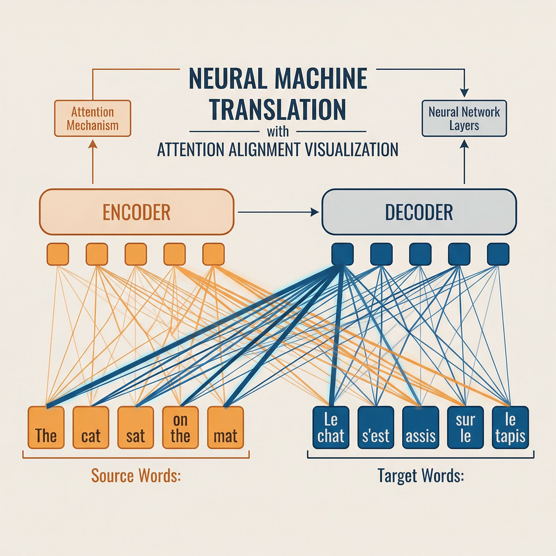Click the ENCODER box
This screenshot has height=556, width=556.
[x=136, y=212]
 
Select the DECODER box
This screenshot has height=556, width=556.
[x=419, y=212]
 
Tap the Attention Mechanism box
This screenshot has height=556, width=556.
[x=93, y=118]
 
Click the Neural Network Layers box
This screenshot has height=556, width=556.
[x=464, y=118]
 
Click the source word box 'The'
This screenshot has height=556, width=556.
[x=46, y=427]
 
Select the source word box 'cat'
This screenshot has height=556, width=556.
[x=91, y=427]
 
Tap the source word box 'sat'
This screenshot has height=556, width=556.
[x=135, y=427]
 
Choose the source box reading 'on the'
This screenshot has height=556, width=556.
[x=181, y=427]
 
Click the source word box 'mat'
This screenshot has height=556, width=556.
[x=225, y=427]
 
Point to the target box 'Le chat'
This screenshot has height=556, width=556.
[x=331, y=427]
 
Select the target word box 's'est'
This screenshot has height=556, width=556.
[x=375, y=427]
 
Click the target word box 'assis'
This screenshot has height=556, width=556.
[x=421, y=427]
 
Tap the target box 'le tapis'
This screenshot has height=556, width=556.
[x=510, y=427]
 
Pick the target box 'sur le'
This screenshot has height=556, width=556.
[x=465, y=427]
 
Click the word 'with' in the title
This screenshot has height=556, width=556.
[x=278, y=131]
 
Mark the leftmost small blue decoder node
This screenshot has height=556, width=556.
[x=342, y=254]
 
